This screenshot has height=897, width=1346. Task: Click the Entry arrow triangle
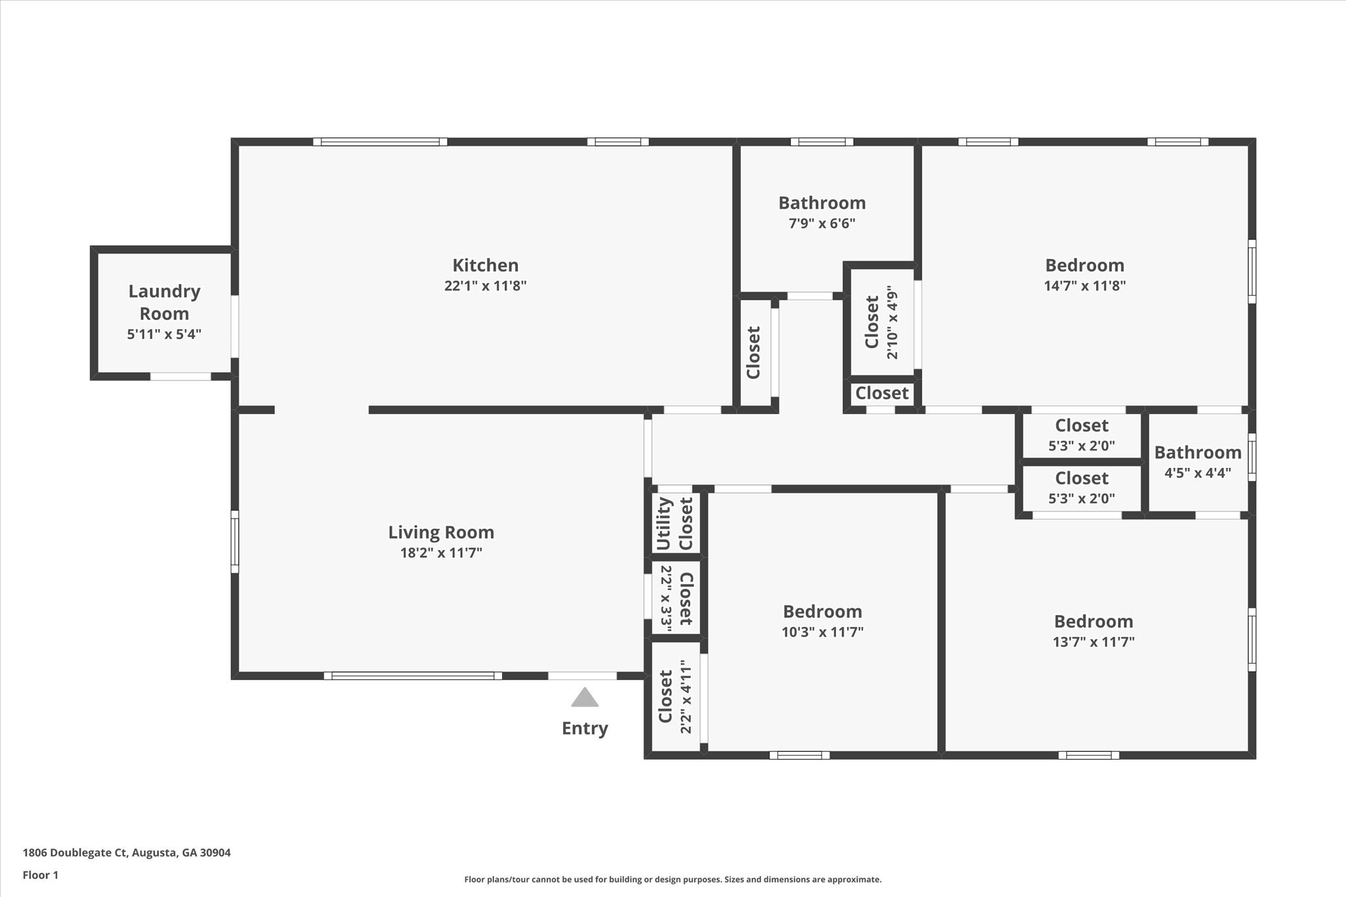pos(584,698)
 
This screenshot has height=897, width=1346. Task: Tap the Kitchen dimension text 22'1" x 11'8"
pos(485,286)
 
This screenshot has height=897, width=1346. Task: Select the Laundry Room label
pos(164,302)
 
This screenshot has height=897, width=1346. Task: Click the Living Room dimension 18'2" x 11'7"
pos(441,553)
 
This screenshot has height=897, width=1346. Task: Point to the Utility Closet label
pos(674,524)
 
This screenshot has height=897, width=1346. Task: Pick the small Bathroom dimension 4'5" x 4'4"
pos(1197,472)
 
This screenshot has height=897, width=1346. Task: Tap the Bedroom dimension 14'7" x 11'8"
pos(1084,286)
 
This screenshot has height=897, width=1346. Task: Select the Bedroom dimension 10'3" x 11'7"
pos(822,632)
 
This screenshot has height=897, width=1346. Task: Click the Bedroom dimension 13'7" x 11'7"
pos(1094,642)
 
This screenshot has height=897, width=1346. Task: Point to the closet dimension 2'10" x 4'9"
pos(892,322)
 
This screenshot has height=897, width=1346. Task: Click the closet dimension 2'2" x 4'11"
pos(685,697)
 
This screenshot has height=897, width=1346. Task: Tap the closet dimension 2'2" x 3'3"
pos(665,598)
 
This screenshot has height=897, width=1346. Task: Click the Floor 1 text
pos(41,875)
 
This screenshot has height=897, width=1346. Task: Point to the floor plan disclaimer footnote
pos(672,879)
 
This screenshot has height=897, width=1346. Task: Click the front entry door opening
pos(582,676)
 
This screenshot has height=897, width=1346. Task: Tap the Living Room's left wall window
pos(235,541)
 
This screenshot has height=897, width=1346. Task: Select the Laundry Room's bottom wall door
pos(181,377)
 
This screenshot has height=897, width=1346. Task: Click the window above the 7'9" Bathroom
pos(822,141)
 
